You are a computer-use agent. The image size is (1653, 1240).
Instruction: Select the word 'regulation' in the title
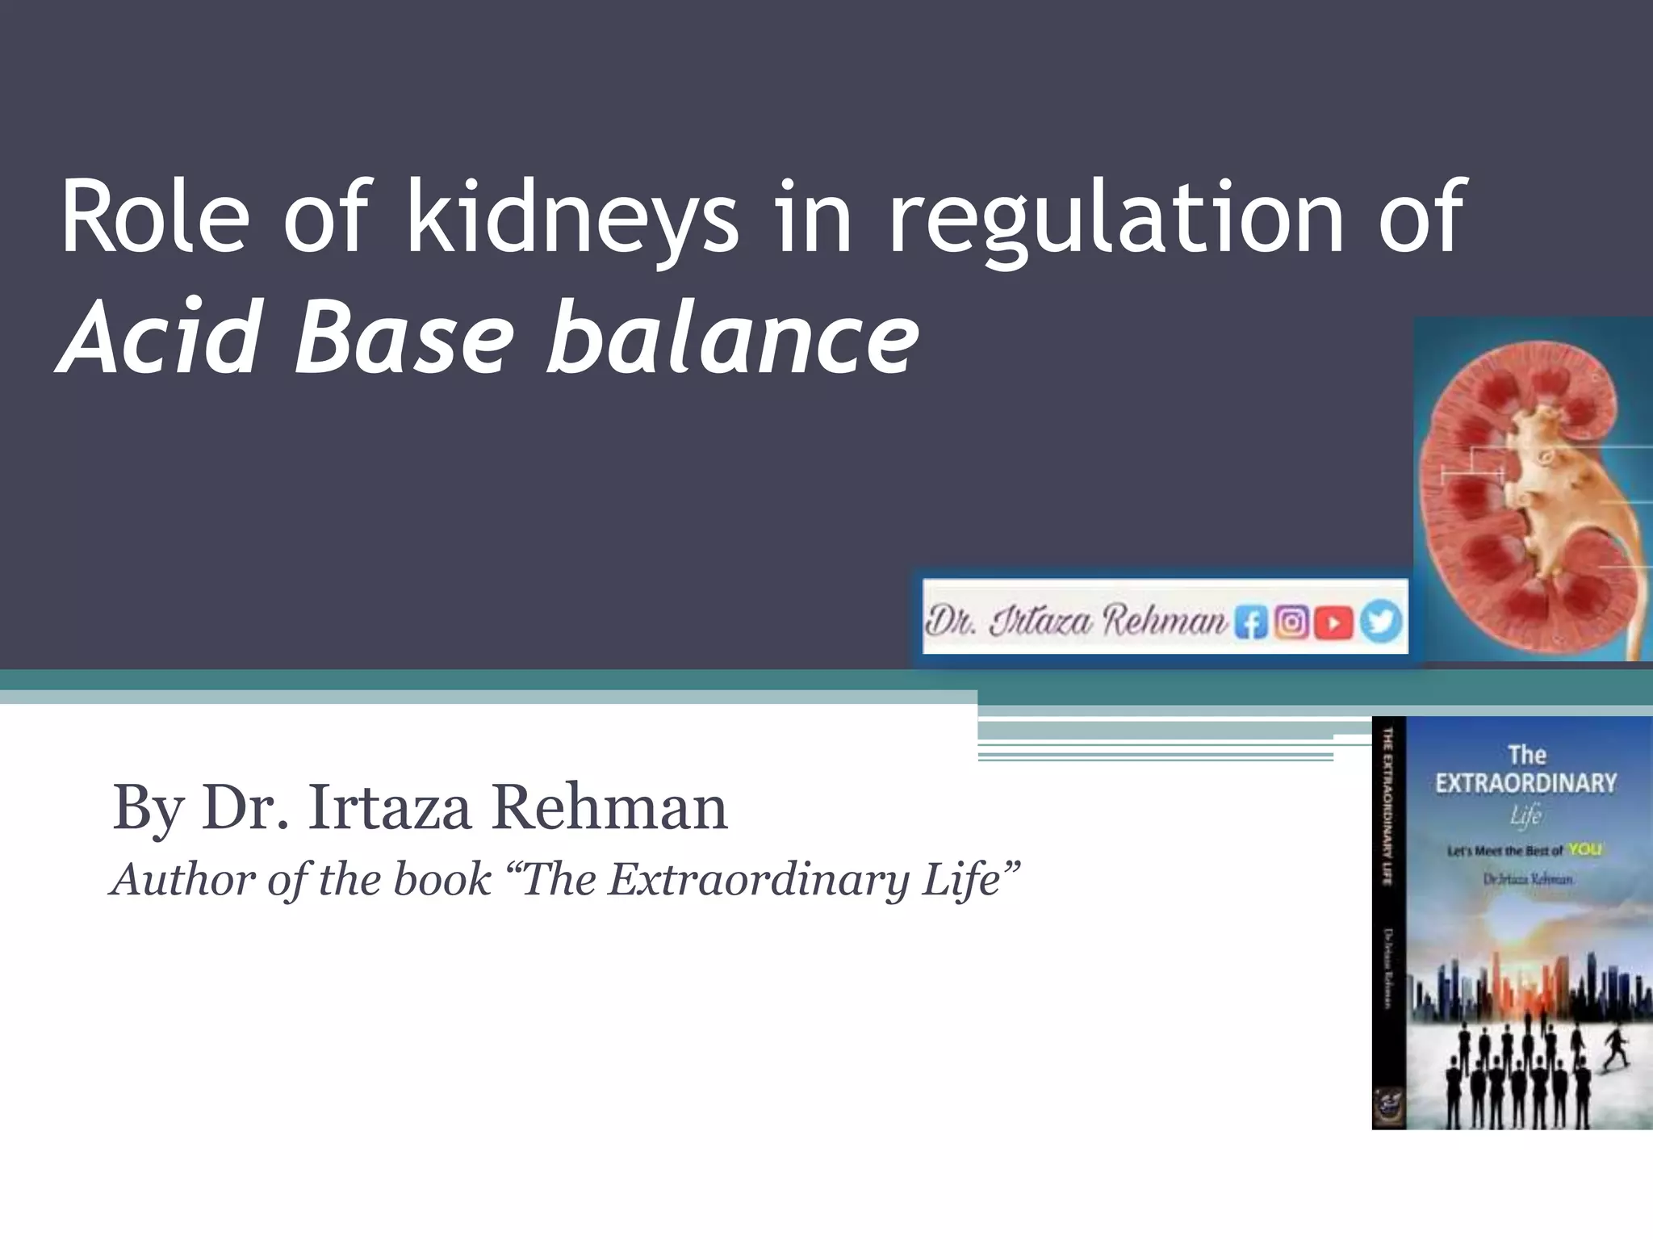point(1115,218)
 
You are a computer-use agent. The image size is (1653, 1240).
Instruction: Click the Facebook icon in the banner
point(1250,622)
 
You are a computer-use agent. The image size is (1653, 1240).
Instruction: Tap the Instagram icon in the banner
point(1291,622)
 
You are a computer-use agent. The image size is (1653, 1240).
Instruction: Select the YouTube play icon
point(1333,622)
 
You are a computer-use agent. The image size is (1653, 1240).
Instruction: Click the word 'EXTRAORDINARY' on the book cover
point(1525,783)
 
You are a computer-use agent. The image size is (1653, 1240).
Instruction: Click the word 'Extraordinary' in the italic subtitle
point(759,879)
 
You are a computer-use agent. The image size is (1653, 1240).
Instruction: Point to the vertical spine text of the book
point(1388,807)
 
